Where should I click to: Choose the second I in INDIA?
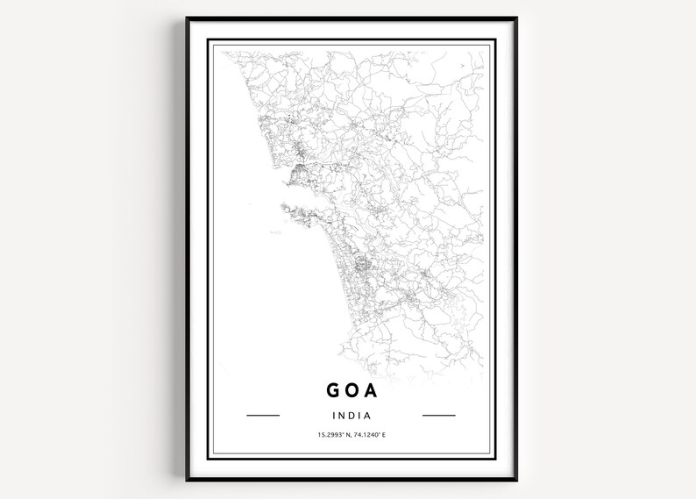[x=360, y=415]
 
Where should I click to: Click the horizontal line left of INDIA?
[x=263, y=415]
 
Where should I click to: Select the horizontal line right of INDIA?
[x=439, y=415]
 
